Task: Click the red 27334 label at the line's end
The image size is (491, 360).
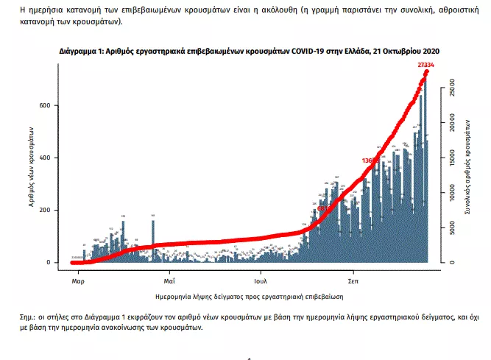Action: (x=425, y=66)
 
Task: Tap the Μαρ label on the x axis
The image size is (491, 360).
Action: (x=77, y=281)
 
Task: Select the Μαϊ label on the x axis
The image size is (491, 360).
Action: (x=169, y=281)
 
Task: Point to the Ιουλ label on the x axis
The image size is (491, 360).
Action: (x=260, y=281)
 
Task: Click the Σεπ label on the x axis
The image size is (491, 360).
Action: (x=353, y=281)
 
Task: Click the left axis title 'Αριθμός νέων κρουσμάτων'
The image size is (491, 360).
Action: (x=33, y=169)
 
